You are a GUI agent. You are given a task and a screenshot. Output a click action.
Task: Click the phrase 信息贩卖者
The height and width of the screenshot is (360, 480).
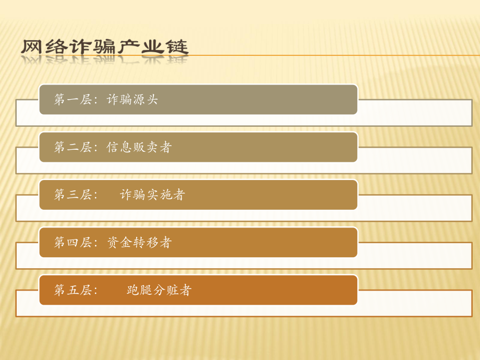point(139,147)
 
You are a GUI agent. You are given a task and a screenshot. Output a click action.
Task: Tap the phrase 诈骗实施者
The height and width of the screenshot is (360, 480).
point(152,195)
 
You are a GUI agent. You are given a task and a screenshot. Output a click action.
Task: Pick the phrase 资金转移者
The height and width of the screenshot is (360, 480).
point(139,242)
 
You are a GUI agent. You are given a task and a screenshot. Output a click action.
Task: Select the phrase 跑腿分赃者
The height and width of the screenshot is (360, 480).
point(159,290)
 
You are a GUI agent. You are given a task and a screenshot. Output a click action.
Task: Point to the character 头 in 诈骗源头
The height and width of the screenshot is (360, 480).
point(152,100)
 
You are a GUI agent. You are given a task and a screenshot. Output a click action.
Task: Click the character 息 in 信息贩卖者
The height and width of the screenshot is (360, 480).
point(126,147)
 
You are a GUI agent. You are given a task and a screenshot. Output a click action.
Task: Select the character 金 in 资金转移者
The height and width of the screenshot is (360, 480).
point(126,242)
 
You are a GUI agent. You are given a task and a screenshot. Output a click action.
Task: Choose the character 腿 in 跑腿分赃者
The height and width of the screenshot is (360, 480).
point(146,290)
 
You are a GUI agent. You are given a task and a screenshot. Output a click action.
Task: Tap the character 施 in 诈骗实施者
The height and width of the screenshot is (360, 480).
point(165,195)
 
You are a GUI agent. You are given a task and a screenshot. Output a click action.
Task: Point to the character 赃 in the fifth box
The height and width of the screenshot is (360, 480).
point(172,290)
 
